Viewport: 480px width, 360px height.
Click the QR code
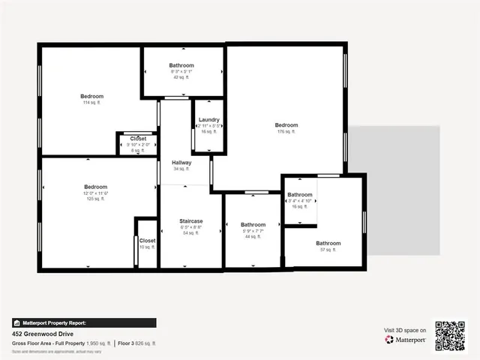coord(451,335)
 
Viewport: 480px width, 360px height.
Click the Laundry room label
coord(208,120)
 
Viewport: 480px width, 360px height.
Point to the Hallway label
coord(181,163)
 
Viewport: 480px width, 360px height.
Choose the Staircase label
coord(191,221)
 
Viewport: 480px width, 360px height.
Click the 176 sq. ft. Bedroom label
coord(286,125)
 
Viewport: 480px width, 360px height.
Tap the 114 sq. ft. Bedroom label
coord(92,97)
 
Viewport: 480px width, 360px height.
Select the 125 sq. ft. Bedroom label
coord(96,187)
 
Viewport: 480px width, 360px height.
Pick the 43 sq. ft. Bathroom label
coord(181,66)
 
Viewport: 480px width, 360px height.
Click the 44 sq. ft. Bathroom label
coord(253,225)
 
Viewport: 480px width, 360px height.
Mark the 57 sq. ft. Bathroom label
coord(328,243)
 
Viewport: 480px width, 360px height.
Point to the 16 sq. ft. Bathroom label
coord(299,195)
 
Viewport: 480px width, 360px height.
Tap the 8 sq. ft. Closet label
coord(138,139)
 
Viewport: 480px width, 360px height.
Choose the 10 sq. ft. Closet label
coord(147,241)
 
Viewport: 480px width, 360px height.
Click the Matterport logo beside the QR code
coord(406,340)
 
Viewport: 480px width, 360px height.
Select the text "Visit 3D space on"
coord(405,330)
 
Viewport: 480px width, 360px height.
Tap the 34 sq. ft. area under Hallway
coord(181,169)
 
